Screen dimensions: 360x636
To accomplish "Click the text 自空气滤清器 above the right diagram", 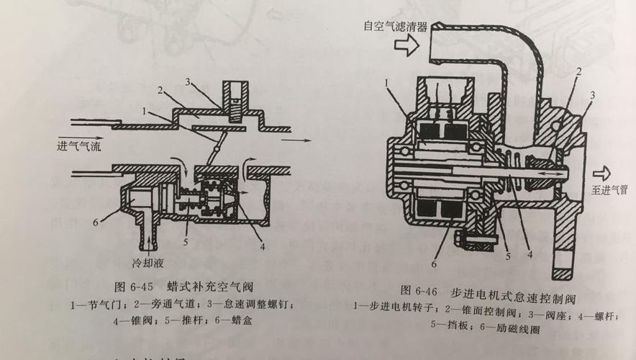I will [x=396, y=27].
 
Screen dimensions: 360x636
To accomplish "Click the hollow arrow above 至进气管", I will [x=601, y=174].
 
